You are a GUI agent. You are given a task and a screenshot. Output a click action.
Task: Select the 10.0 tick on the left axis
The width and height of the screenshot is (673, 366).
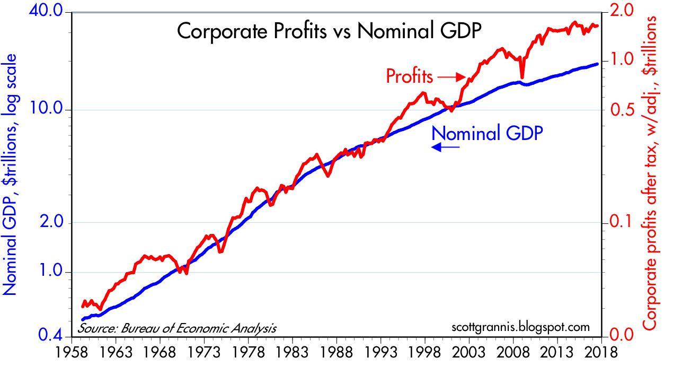pyautogui.click(x=48, y=110)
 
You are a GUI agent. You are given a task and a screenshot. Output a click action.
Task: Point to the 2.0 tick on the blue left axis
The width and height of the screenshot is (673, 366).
pyautogui.click(x=52, y=222)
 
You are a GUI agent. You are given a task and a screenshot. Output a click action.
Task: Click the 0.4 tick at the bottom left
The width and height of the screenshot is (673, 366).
pyautogui.click(x=52, y=335)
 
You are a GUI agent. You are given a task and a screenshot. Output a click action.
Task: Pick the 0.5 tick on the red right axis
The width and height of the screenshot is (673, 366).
pyautogui.click(x=622, y=110)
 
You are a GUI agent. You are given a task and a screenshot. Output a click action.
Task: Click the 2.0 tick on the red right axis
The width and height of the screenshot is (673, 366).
pyautogui.click(x=622, y=10)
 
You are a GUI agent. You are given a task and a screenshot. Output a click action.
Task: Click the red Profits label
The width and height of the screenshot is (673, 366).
pyautogui.click(x=410, y=76)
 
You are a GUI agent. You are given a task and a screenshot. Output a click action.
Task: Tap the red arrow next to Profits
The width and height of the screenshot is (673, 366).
pyautogui.click(x=451, y=77)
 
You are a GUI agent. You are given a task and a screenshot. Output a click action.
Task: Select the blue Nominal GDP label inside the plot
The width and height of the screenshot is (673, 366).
pyautogui.click(x=488, y=133)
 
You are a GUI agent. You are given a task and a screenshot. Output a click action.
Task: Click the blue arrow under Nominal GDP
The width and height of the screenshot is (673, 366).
pyautogui.click(x=445, y=148)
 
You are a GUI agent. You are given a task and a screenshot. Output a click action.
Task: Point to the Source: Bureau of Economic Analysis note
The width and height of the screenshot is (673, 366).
pyautogui.click(x=178, y=328)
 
